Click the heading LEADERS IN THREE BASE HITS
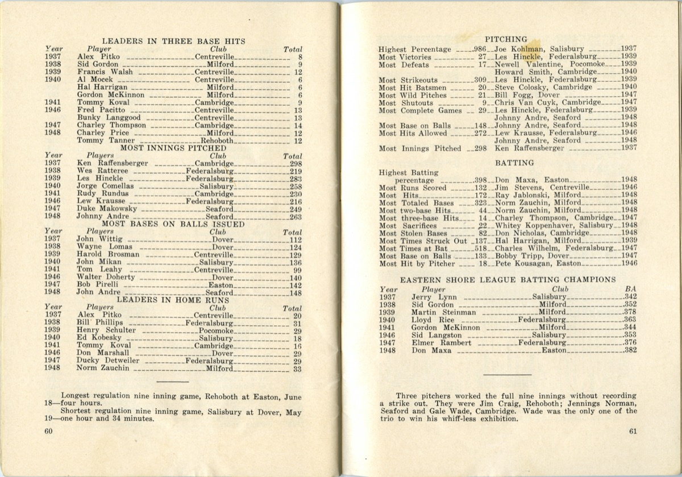pyautogui.click(x=173, y=41)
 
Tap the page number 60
pyautogui.click(x=48, y=430)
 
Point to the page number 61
pyautogui.click(x=633, y=430)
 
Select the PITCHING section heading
pyautogui.click(x=506, y=39)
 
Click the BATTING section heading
pyautogui.click(x=506, y=163)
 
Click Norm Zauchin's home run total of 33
pyautogui.click(x=297, y=368)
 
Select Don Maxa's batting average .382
pyautogui.click(x=630, y=351)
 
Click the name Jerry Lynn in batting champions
pyautogui.click(x=434, y=297)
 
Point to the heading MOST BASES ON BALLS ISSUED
pyautogui.click(x=173, y=224)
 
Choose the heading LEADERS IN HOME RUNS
pyautogui.click(x=173, y=300)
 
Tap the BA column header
pyautogui.click(x=630, y=289)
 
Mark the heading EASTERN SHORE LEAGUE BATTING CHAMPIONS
pyautogui.click(x=508, y=280)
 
